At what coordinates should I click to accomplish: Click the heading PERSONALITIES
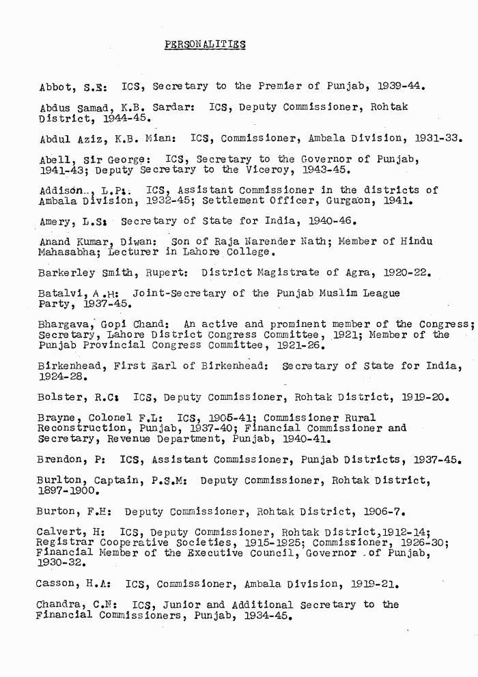pos(205,46)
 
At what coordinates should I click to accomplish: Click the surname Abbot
pos(55,87)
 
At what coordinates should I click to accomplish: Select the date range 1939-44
pos(403,87)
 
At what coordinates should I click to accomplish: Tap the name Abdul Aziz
pos(68,140)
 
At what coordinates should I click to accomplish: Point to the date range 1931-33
pos(438,139)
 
